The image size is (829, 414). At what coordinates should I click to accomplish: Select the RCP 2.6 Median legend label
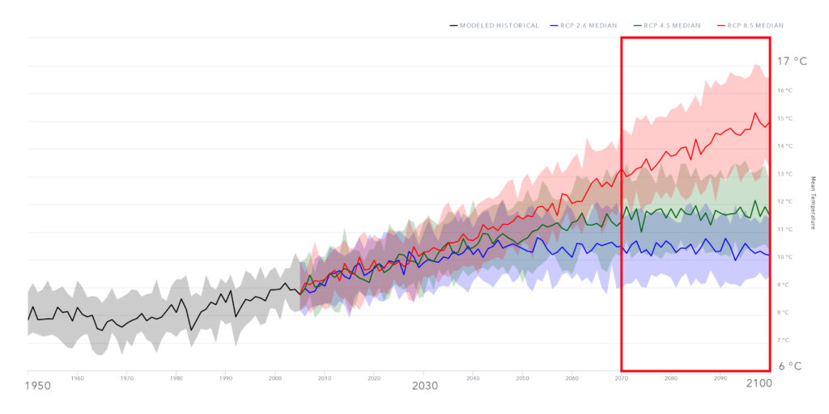click(588, 26)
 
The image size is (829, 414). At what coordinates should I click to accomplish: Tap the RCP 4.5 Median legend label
click(671, 26)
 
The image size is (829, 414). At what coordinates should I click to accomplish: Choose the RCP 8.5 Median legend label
click(755, 26)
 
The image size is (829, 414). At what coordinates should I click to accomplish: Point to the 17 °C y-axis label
click(792, 61)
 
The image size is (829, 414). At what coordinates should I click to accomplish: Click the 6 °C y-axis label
click(790, 365)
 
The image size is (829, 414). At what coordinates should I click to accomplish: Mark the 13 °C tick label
click(784, 174)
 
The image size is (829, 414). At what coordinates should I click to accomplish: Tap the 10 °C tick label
click(784, 257)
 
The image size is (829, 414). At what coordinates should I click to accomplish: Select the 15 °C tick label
click(784, 119)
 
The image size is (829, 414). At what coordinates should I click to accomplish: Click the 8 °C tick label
click(784, 312)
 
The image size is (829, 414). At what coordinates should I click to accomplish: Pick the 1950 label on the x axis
click(37, 386)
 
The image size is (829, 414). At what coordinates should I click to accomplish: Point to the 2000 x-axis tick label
click(275, 378)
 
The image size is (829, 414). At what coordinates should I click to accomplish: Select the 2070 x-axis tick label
click(622, 378)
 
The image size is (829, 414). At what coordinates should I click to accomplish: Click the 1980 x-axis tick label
click(176, 378)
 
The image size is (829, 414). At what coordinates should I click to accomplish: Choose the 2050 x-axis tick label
click(522, 378)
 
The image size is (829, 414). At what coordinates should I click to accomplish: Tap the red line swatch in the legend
click(721, 26)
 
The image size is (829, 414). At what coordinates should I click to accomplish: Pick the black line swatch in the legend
click(453, 26)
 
